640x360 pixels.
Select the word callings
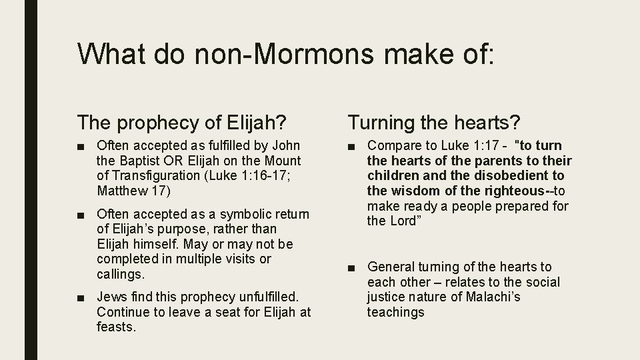click(x=120, y=274)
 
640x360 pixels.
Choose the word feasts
click(x=117, y=327)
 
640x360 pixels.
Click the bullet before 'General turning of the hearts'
click(x=353, y=267)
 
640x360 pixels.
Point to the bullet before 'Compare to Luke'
click(x=353, y=146)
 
